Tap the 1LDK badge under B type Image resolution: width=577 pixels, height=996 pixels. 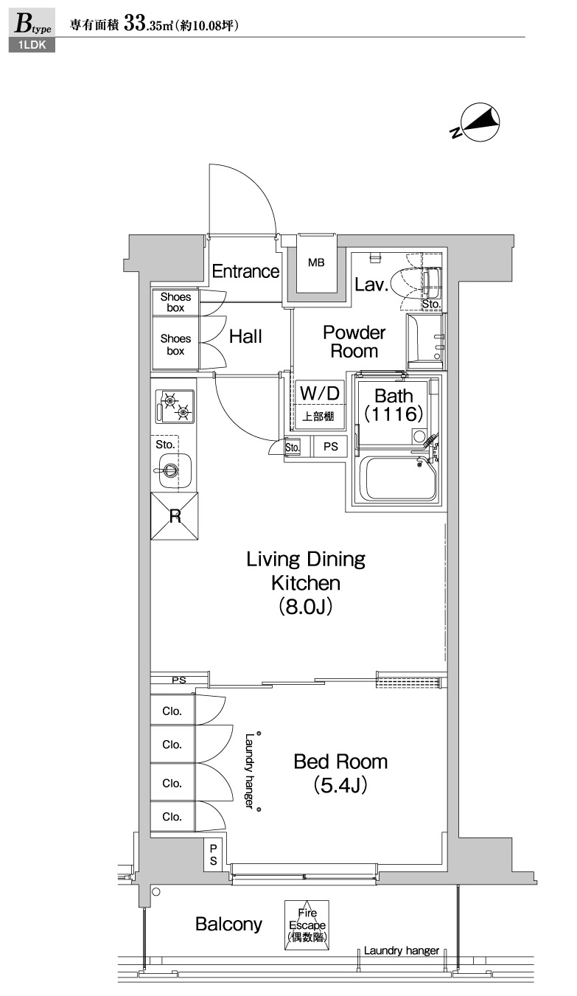point(32,46)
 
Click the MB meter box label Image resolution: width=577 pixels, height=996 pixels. point(316,262)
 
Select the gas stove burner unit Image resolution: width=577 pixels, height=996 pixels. point(175,406)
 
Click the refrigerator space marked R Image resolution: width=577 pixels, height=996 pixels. point(175,516)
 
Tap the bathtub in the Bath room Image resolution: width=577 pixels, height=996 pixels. point(400,478)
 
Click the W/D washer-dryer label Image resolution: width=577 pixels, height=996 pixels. point(320,393)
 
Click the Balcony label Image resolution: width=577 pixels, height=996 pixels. point(228,924)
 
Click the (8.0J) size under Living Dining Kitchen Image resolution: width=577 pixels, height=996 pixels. point(305,606)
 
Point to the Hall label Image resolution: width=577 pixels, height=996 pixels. point(245,337)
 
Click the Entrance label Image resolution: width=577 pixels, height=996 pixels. point(245,271)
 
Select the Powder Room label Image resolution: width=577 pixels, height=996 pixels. point(354,341)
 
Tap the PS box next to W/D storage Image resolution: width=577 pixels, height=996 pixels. point(330,447)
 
